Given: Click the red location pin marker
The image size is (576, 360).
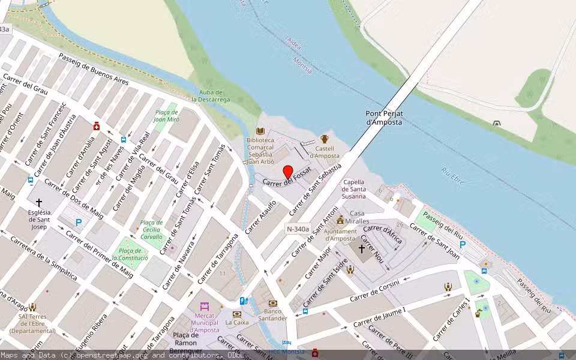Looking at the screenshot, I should tap(287, 173).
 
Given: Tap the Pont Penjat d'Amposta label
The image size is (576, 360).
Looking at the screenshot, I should tap(384, 118).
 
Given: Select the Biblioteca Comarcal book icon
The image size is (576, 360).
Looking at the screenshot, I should tap(260, 131).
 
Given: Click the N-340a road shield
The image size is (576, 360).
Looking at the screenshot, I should tap(298, 229).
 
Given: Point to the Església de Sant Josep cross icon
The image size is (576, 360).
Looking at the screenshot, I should tap(39, 203).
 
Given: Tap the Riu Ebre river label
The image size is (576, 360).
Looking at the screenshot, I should tap(453, 176).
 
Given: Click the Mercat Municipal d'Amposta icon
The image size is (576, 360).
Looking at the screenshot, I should tap(205, 306).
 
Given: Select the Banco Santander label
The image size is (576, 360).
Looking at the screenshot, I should tap(273, 314).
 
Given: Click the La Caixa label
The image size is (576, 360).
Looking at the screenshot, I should tap(237, 322).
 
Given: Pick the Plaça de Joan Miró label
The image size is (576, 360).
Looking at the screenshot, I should tap(167, 116).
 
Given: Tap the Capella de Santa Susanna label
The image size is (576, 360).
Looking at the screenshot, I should tap(354, 189).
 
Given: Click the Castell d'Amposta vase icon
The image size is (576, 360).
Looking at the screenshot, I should tap(325, 139).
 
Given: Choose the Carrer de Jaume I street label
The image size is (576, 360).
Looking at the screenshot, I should tap(379, 317).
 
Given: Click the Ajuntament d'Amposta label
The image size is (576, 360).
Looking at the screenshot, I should tap(340, 235).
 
